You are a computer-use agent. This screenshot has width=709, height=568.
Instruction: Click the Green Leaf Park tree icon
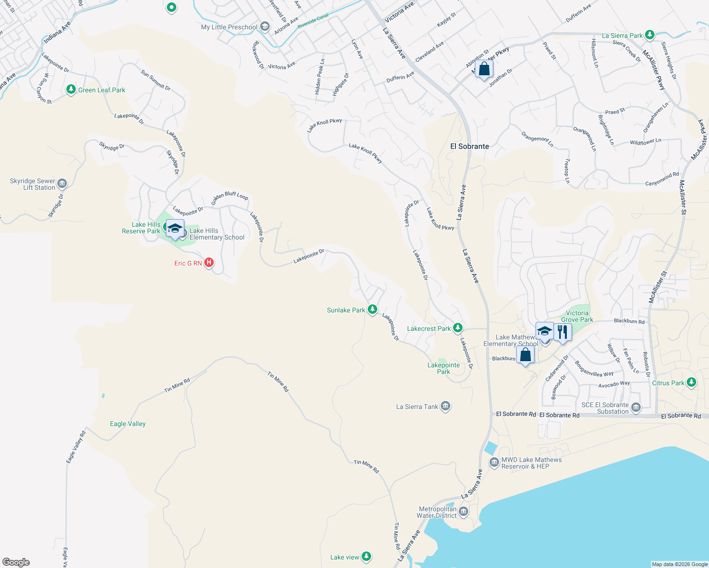[x=71, y=89]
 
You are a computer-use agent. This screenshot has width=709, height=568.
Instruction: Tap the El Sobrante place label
[x=469, y=146]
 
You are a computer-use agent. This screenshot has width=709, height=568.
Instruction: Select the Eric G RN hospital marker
[x=209, y=263]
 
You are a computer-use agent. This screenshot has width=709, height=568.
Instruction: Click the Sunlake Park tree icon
[x=373, y=310]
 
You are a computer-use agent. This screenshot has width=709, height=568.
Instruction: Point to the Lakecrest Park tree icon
[x=457, y=328]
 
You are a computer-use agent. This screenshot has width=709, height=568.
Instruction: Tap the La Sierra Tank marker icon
[x=445, y=406]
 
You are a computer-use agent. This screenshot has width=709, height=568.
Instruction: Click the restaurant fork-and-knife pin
[x=562, y=331]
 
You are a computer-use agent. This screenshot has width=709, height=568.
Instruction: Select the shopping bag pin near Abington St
[x=484, y=69]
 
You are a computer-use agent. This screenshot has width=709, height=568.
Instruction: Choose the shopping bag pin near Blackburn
[x=525, y=354]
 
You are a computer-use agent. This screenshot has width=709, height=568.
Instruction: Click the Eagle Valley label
[x=127, y=424]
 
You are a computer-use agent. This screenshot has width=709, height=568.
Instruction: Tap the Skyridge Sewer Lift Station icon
[x=62, y=184]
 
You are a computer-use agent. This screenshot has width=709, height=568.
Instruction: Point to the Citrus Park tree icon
[x=691, y=382]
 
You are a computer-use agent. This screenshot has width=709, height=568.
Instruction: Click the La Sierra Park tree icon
[x=650, y=35]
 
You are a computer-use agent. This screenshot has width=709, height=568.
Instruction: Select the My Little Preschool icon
[x=265, y=27]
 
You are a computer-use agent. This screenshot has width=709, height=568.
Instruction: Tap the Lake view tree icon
[x=366, y=557]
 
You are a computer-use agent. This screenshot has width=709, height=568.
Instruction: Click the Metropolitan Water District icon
[x=464, y=512]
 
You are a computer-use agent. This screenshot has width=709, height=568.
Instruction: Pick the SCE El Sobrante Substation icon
[x=636, y=408]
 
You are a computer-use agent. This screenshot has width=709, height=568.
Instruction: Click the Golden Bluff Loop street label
[x=230, y=195]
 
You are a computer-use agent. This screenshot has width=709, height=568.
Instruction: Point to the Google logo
[x=16, y=562]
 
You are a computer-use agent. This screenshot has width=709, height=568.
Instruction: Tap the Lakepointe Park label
[x=444, y=368]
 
